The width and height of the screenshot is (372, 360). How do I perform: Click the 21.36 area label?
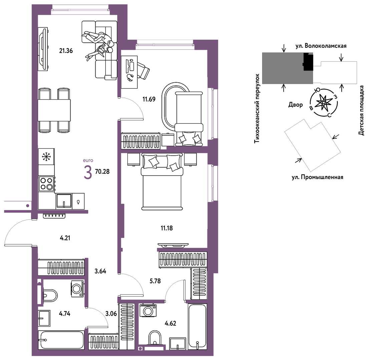66,51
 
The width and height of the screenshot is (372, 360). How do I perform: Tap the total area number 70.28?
102,171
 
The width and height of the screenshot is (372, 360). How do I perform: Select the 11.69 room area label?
149,99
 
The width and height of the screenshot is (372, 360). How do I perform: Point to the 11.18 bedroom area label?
167,228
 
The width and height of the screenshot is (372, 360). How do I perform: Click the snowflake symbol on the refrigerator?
46,156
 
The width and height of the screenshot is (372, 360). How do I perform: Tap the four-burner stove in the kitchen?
46,184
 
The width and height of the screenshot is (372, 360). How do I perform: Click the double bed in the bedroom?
162,182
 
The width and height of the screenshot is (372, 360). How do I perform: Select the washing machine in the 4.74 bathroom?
77,289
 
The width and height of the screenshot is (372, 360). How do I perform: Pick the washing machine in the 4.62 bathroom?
148,310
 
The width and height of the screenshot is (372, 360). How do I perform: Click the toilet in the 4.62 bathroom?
155,337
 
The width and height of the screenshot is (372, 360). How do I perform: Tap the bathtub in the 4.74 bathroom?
61,340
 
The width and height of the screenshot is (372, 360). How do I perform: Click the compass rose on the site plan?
323,102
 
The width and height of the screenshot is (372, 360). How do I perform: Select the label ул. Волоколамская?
321,46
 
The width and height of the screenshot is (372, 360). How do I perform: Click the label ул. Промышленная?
317,177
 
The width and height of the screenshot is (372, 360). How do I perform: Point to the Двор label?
296,105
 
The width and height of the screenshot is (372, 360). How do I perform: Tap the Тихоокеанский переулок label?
257,109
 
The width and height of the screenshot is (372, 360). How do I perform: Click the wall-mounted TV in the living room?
43,49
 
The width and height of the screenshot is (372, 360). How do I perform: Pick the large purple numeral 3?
88,172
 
